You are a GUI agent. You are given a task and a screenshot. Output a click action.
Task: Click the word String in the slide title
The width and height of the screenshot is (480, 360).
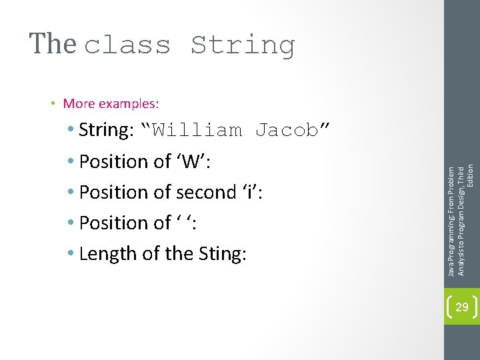243,45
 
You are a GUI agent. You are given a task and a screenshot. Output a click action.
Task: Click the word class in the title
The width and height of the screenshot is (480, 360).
128,45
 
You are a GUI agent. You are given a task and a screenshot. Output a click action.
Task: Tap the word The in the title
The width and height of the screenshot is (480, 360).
53,44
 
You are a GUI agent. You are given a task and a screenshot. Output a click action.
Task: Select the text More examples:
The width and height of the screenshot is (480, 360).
111,103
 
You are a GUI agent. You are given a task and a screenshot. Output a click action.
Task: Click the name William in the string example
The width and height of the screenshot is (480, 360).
197,130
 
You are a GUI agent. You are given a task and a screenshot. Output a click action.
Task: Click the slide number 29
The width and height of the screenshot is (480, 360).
461,307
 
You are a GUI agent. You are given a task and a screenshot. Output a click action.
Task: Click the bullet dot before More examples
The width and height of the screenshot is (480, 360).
53,103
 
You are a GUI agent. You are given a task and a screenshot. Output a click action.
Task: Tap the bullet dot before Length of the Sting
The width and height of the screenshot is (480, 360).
71,253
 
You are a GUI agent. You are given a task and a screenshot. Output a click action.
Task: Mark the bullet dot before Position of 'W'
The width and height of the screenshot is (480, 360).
71,161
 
